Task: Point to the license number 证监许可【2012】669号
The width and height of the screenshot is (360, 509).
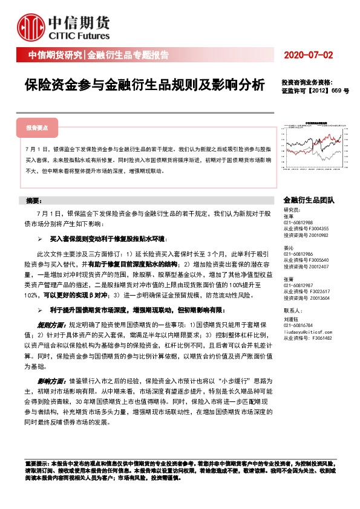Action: tap(315, 91)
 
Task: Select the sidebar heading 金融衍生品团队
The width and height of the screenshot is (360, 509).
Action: tap(308, 200)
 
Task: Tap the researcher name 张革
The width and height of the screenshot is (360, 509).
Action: tap(288, 217)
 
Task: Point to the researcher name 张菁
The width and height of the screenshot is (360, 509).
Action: tap(288, 279)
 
